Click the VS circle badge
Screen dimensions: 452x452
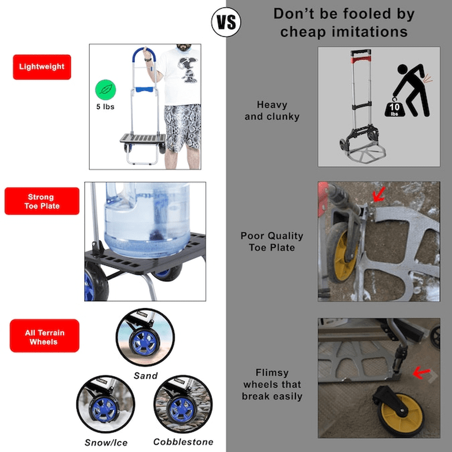tap(226, 22)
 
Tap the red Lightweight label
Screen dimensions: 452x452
tap(42, 67)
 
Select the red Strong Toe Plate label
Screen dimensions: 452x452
tap(42, 201)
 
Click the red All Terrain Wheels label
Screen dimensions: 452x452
tap(44, 336)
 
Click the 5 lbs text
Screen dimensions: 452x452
tap(106, 106)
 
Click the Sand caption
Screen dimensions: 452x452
tap(146, 375)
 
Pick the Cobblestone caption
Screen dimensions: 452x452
tap(183, 442)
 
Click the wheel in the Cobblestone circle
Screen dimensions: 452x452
tap(181, 408)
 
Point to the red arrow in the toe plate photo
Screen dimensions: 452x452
tap(378, 195)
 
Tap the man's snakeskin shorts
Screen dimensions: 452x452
tap(182, 127)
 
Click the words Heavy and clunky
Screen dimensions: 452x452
tap(272, 111)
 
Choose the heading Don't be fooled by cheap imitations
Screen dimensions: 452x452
tap(344, 23)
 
